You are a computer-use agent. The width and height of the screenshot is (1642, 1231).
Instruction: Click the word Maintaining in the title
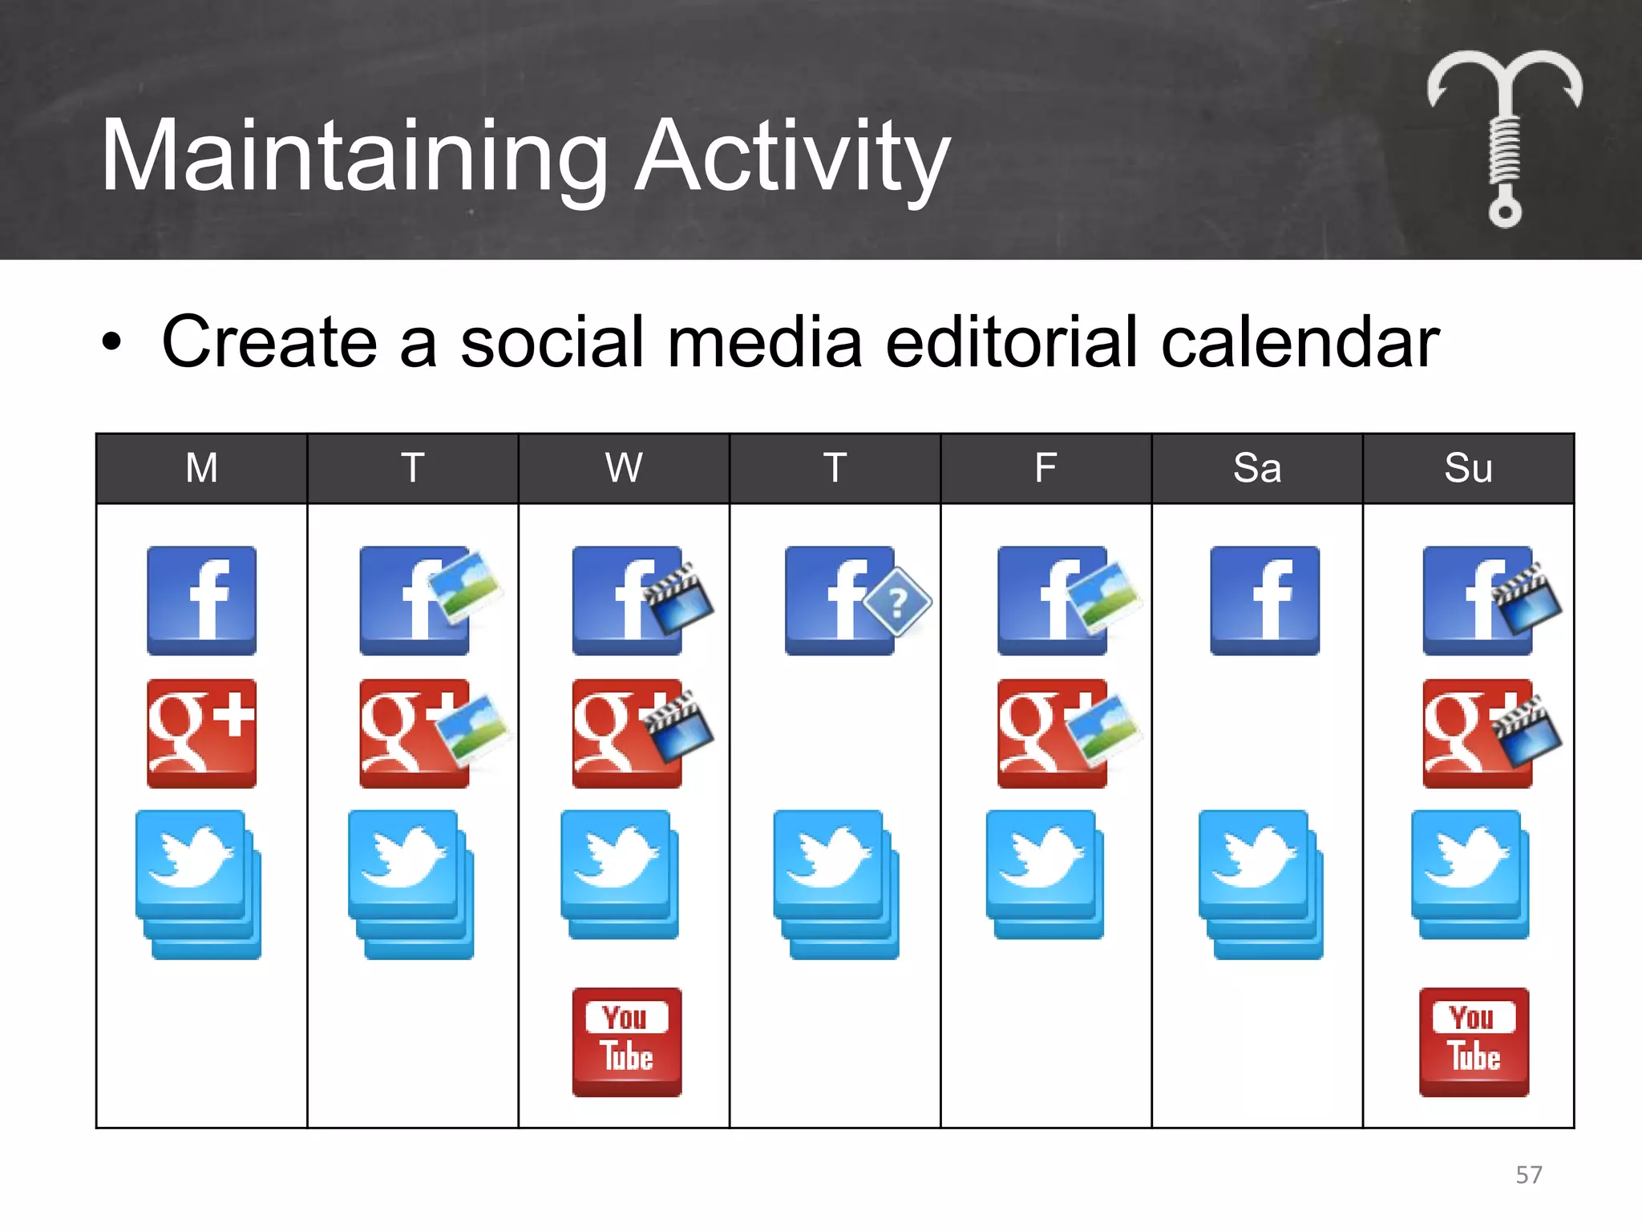tap(353, 156)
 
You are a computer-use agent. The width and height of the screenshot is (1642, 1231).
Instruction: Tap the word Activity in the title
tap(791, 156)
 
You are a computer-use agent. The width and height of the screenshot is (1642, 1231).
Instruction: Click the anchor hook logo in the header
tap(1504, 136)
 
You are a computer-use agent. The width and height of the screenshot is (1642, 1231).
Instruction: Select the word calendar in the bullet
tap(1299, 342)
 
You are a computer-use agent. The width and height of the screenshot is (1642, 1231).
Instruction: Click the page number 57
tap(1528, 1175)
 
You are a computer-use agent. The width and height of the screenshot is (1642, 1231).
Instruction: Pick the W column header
tap(624, 468)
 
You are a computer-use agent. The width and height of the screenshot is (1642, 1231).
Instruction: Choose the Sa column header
tap(1256, 468)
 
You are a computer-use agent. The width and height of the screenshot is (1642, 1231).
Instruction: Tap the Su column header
tap(1467, 468)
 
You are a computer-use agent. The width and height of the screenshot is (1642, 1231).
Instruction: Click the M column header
tap(201, 468)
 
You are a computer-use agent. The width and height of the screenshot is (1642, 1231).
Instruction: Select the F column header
tap(1045, 468)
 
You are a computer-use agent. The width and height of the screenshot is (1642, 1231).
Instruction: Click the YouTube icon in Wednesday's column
tap(627, 1042)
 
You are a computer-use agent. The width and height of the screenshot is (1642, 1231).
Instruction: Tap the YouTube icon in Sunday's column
tap(1474, 1042)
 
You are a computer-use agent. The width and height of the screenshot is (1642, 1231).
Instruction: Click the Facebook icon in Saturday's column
tap(1264, 600)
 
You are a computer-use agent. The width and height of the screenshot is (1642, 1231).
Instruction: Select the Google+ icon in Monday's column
tap(201, 733)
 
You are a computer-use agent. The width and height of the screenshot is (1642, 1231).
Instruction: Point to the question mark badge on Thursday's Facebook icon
tap(899, 601)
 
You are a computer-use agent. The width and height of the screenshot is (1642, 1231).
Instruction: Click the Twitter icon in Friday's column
tap(1044, 874)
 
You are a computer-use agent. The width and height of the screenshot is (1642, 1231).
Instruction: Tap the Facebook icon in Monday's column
tap(201, 600)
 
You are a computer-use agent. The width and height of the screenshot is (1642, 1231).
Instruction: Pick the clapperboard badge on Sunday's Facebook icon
tap(1527, 598)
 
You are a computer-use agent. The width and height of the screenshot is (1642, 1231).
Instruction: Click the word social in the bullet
tap(552, 342)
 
